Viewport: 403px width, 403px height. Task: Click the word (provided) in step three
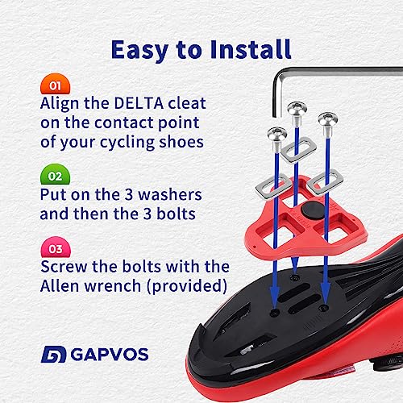coord(187,285)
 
